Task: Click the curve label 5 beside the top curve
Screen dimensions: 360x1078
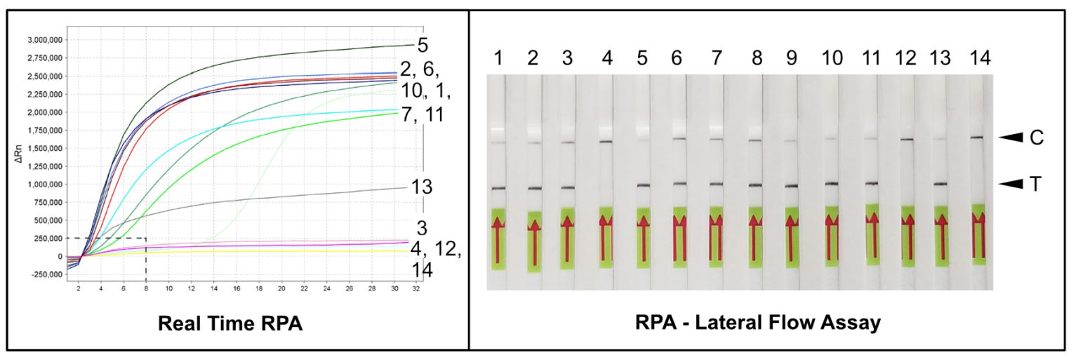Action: coord(422,46)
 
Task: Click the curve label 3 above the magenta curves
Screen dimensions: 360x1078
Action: coord(422,229)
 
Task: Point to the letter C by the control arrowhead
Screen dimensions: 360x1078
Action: coord(1037,138)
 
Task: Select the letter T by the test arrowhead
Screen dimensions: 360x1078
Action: coord(1037,184)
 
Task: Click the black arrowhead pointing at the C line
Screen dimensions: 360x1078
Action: coord(1011,138)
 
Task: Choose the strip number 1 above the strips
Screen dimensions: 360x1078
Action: coord(498,58)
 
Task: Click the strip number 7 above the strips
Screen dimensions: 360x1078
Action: coord(716,58)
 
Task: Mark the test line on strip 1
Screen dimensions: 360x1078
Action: coord(498,188)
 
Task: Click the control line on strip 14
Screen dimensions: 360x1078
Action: coord(976,138)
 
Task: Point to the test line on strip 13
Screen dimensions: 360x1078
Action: coord(940,184)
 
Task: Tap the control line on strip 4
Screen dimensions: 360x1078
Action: coord(606,142)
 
